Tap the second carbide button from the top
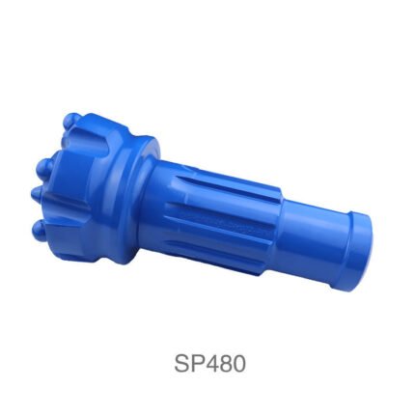[45, 167]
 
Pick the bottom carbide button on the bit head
[41, 230]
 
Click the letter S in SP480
[183, 364]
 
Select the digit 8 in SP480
[227, 364]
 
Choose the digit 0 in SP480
[239, 364]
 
